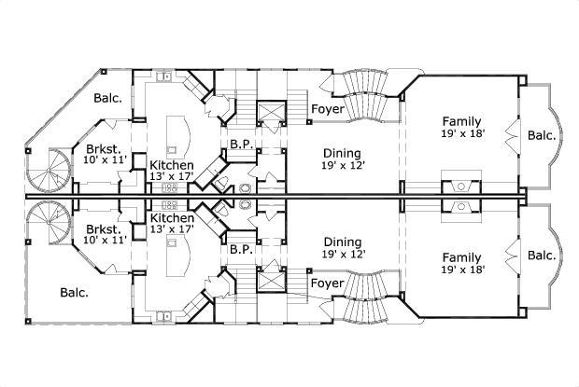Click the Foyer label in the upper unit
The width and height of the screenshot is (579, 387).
point(327,110)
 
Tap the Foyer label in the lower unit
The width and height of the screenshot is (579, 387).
point(327,282)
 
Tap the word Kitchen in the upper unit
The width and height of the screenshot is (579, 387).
point(172,164)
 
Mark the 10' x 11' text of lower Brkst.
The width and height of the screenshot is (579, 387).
point(103,241)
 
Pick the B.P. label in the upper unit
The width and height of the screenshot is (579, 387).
point(239,144)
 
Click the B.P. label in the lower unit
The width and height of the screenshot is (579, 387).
point(239,250)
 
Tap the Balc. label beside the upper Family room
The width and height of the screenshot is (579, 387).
point(542,135)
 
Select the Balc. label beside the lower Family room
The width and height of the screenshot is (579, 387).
point(542,256)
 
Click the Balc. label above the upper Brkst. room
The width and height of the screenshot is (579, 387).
point(107,98)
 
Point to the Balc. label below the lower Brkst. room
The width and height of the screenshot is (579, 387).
point(74,292)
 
